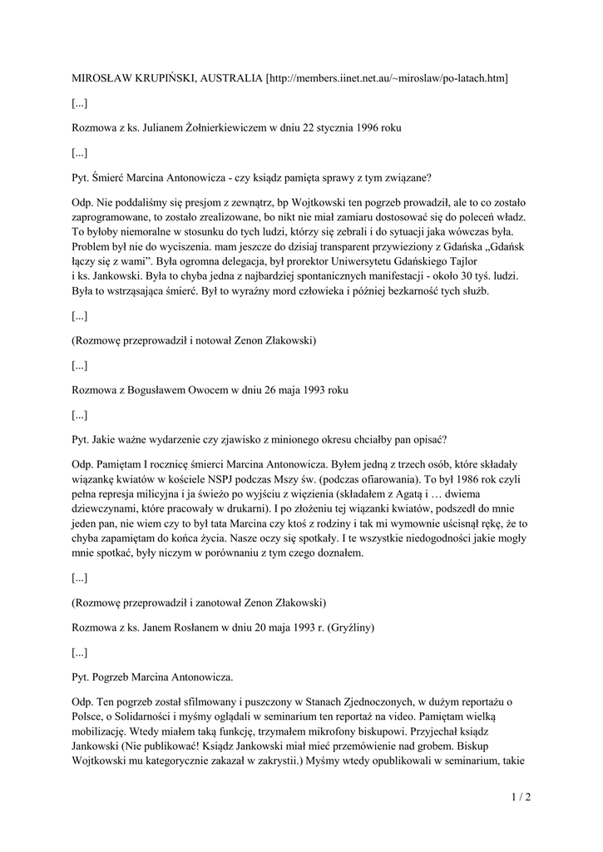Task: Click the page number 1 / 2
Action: (x=521, y=798)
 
